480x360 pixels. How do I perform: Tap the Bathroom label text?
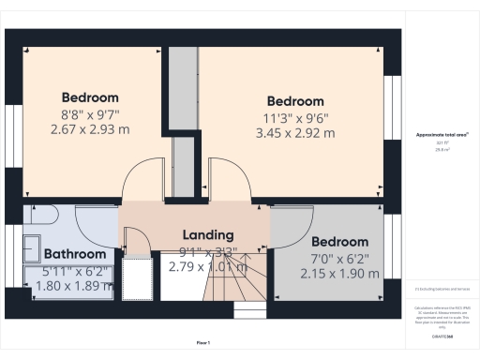click(x=74, y=254)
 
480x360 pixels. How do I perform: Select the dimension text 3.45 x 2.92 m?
click(x=295, y=133)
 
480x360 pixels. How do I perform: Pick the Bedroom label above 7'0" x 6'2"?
click(x=339, y=241)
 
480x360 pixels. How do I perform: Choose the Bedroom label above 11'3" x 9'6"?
click(x=295, y=101)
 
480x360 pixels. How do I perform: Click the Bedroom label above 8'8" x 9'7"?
click(x=90, y=97)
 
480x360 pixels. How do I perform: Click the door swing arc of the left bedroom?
click(x=145, y=178)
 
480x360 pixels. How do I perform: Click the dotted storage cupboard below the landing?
click(x=139, y=277)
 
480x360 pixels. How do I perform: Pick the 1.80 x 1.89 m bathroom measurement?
click(x=74, y=285)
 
